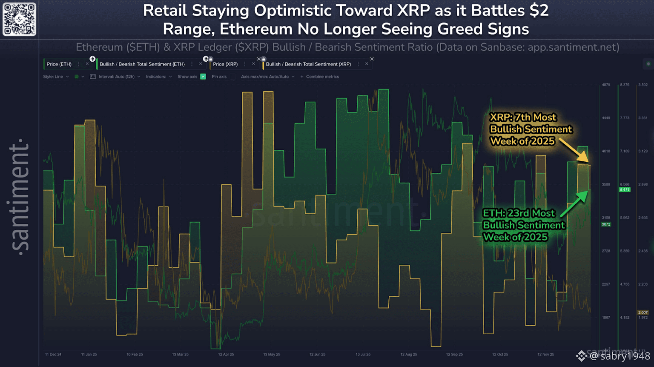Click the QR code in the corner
tap(19, 19)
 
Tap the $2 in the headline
tap(539, 10)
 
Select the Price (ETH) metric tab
tap(59, 64)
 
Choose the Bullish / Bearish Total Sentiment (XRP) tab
tap(308, 64)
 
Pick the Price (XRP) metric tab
tap(225, 64)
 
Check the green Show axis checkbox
tap(203, 77)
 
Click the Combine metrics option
tap(322, 77)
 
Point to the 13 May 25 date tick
tap(272, 354)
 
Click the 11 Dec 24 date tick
tap(53, 354)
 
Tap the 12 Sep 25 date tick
tap(454, 354)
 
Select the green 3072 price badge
tap(606, 224)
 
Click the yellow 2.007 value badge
tap(643, 313)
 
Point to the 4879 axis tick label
tap(606, 85)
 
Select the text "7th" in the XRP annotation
tap(523, 117)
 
